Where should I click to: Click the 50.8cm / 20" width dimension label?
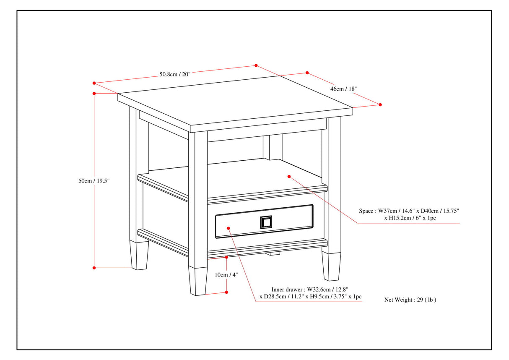click(x=174, y=74)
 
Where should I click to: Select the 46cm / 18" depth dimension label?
click(x=343, y=89)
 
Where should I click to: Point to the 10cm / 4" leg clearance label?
click(x=226, y=275)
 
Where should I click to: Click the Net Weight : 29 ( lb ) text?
click(x=410, y=300)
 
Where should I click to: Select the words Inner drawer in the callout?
click(x=288, y=289)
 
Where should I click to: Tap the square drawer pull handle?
click(x=266, y=222)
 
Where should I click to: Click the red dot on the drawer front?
click(x=229, y=228)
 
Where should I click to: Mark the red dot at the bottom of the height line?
click(x=94, y=267)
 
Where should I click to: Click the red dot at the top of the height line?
click(x=94, y=93)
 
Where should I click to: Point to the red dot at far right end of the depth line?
click(x=380, y=104)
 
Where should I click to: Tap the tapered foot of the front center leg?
click(x=197, y=281)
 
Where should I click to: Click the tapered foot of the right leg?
click(x=331, y=266)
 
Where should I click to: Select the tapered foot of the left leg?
click(x=139, y=255)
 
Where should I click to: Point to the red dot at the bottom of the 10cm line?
click(x=227, y=292)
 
